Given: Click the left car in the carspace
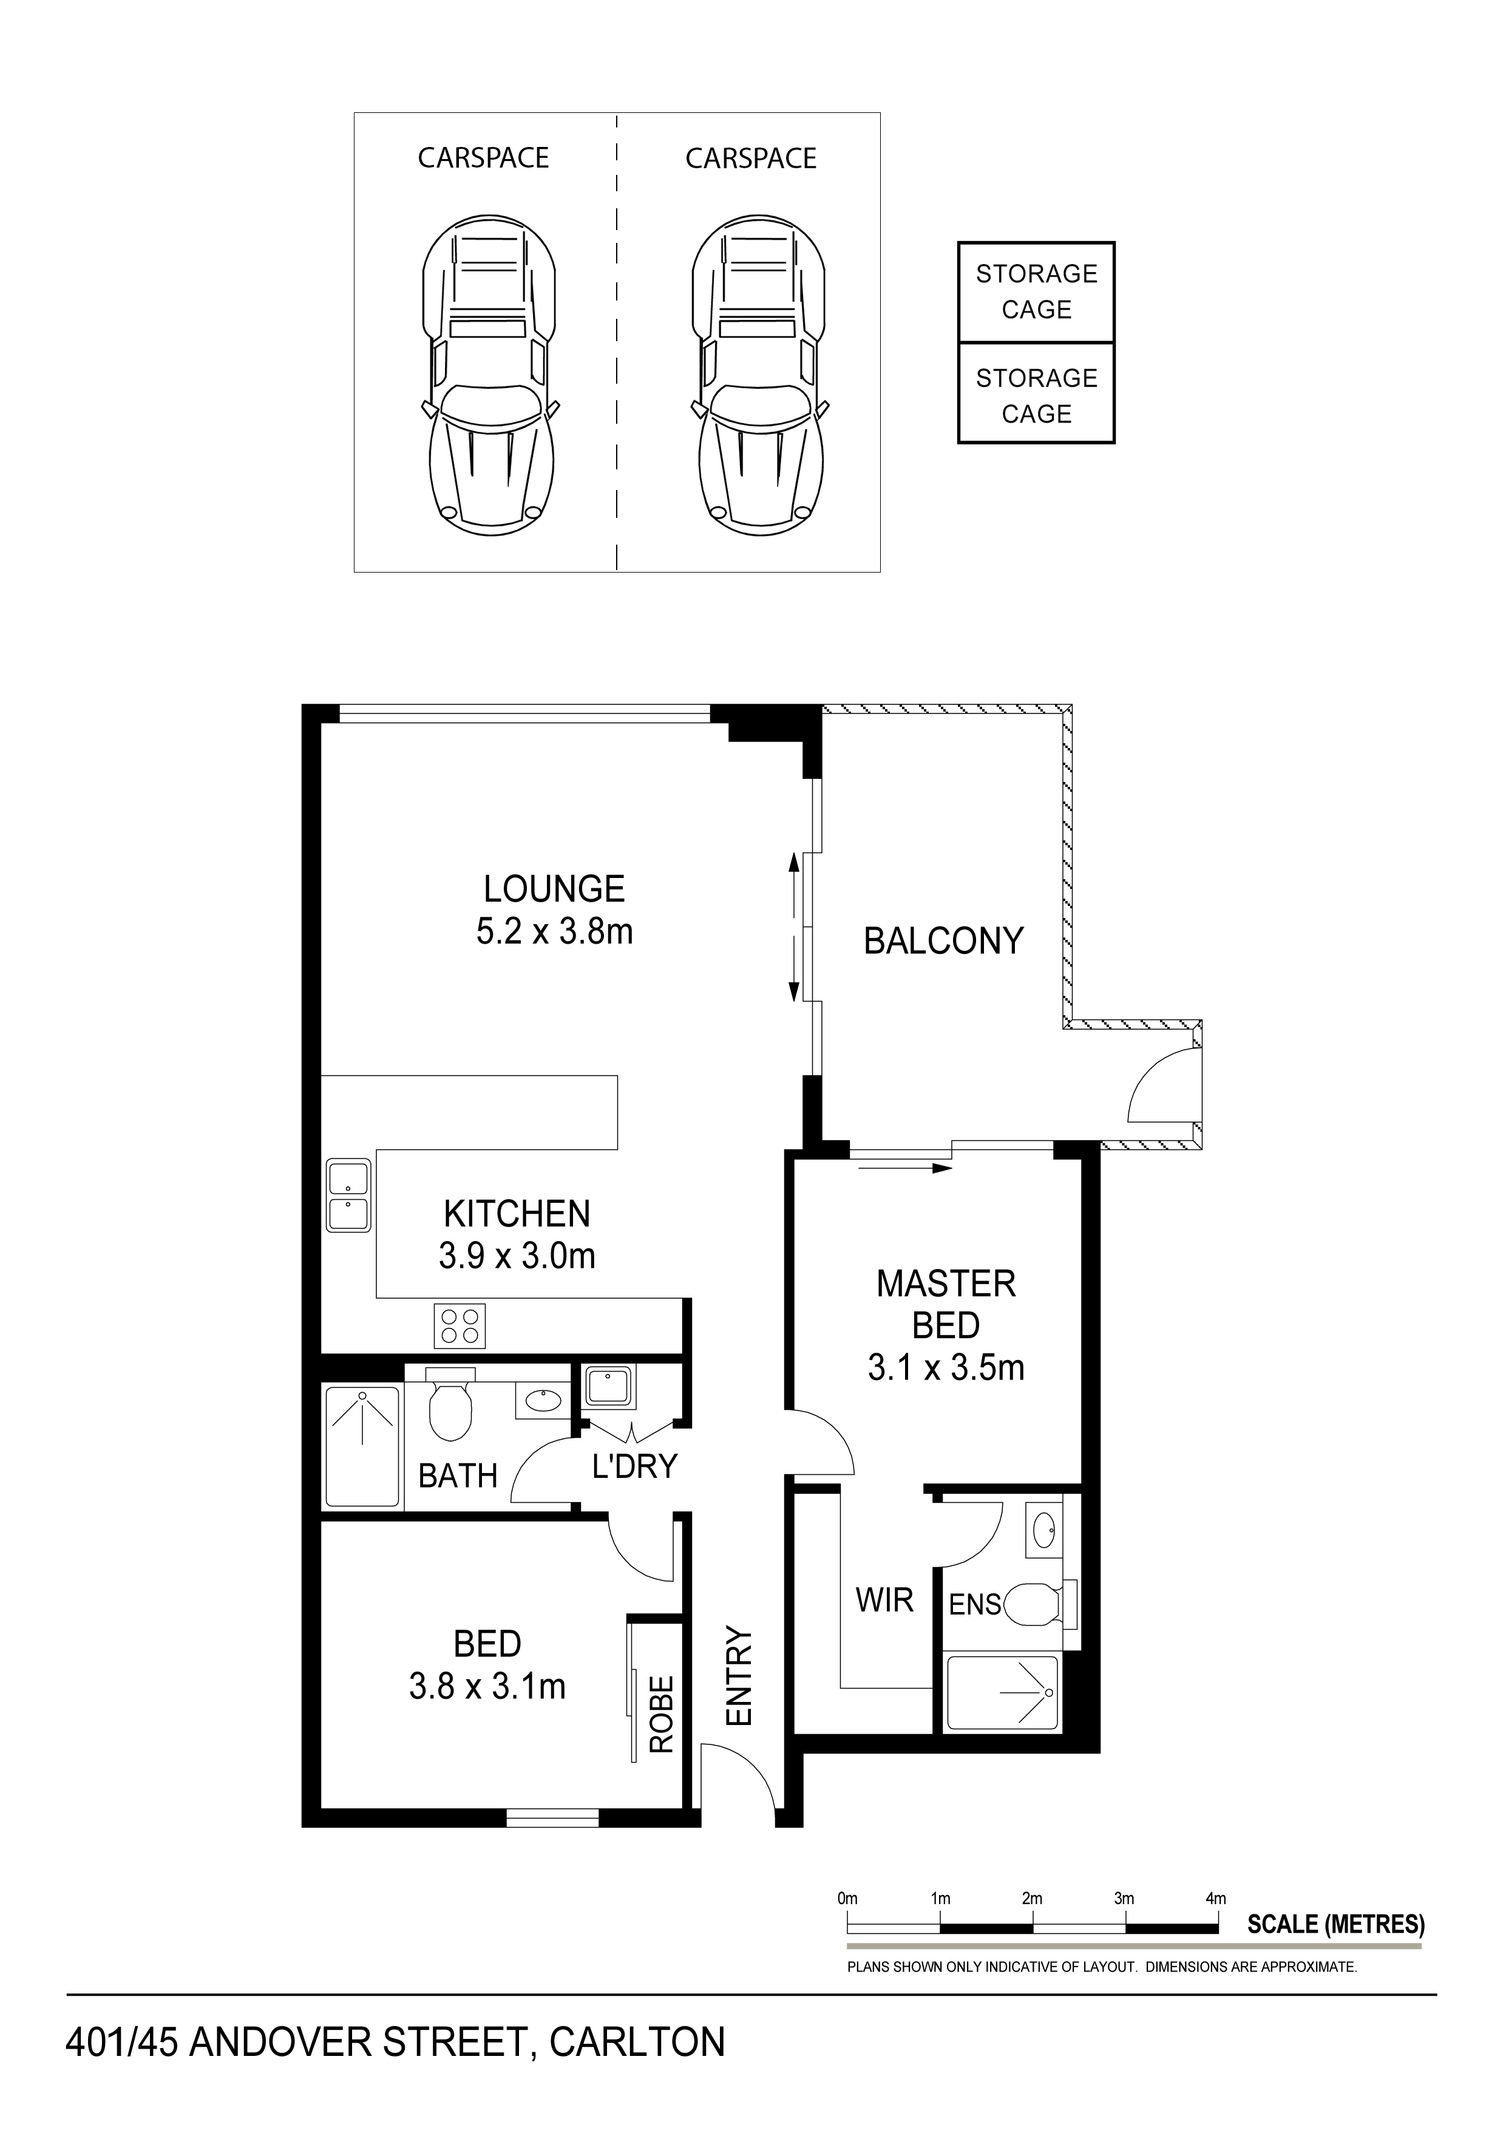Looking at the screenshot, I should [490, 371].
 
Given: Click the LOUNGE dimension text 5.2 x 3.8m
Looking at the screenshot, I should [555, 931].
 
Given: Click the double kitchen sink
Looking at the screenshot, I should [348, 1197].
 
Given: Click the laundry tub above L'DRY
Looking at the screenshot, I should [608, 1388].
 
